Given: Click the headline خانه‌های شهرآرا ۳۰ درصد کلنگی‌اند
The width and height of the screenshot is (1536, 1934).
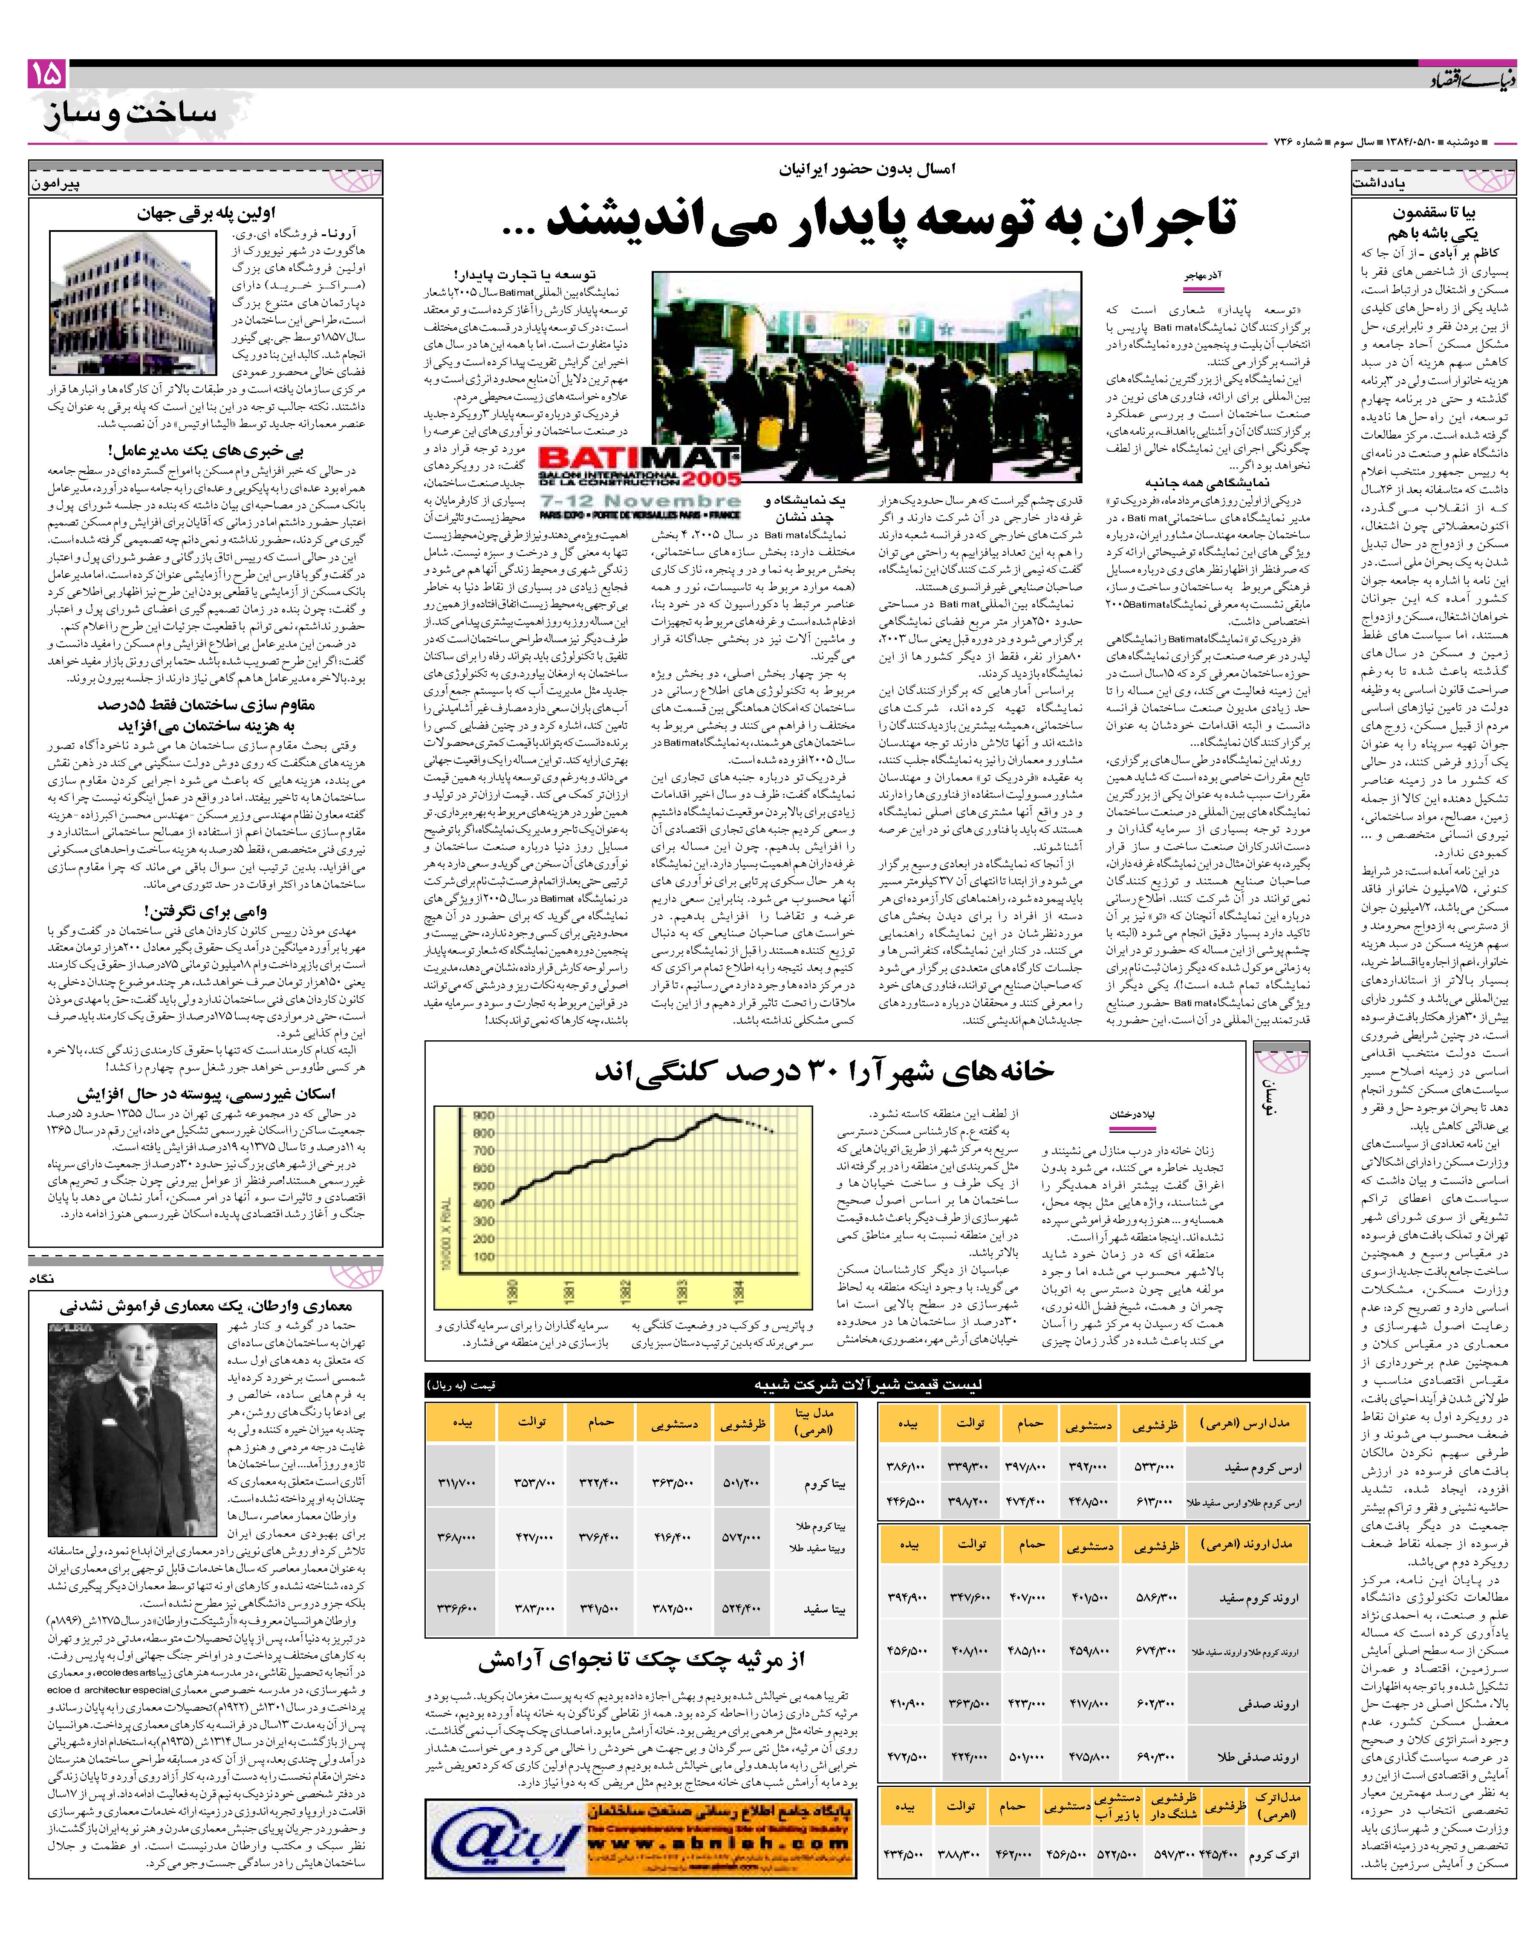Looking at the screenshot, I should click(x=824, y=1071).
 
